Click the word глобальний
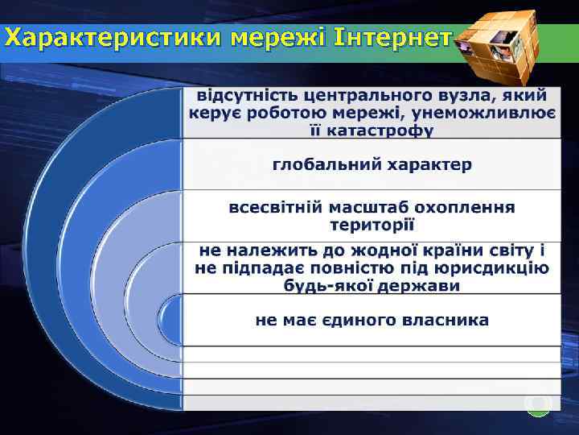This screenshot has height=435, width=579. pyautogui.click(x=326, y=164)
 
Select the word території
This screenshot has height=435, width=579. pyautogui.click(x=372, y=225)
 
